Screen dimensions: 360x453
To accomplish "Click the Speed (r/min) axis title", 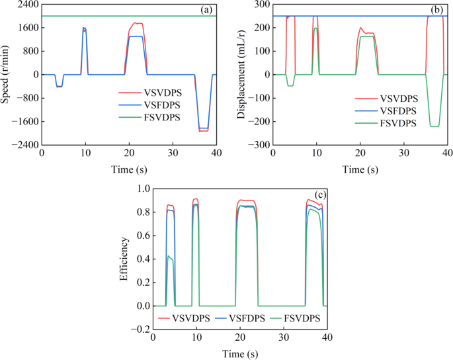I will coord(7,75).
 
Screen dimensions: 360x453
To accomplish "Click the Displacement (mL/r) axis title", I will coord(243,75).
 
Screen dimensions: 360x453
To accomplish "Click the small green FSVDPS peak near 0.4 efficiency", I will coord(169,256).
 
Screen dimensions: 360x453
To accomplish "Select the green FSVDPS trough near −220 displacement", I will coord(434,126).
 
